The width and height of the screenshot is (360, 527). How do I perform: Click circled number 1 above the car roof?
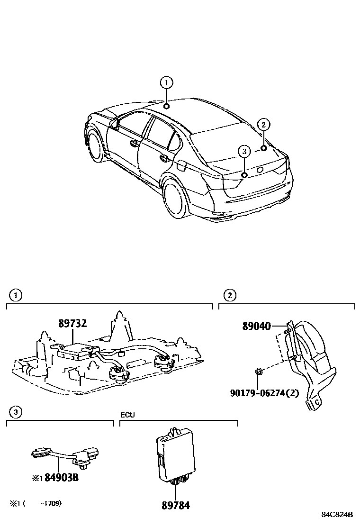point(166,83)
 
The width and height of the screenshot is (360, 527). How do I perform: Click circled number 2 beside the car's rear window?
point(264,125)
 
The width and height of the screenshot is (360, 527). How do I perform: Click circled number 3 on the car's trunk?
point(244,152)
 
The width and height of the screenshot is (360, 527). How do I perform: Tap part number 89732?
point(73,323)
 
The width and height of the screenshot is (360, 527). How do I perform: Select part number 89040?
point(256,327)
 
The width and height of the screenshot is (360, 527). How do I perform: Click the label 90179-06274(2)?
point(265,393)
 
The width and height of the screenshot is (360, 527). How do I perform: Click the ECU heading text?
point(127,415)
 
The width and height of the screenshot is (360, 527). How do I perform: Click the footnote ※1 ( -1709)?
point(36,503)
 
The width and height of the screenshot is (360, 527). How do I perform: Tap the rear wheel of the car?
point(176,199)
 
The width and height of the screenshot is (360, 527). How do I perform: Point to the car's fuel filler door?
point(181,165)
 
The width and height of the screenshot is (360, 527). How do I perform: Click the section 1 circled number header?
point(16,296)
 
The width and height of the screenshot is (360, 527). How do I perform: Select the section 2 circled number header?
point(229,296)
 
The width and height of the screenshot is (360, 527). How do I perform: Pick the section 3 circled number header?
point(16,412)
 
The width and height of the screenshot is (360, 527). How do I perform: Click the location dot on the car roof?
point(167,106)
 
